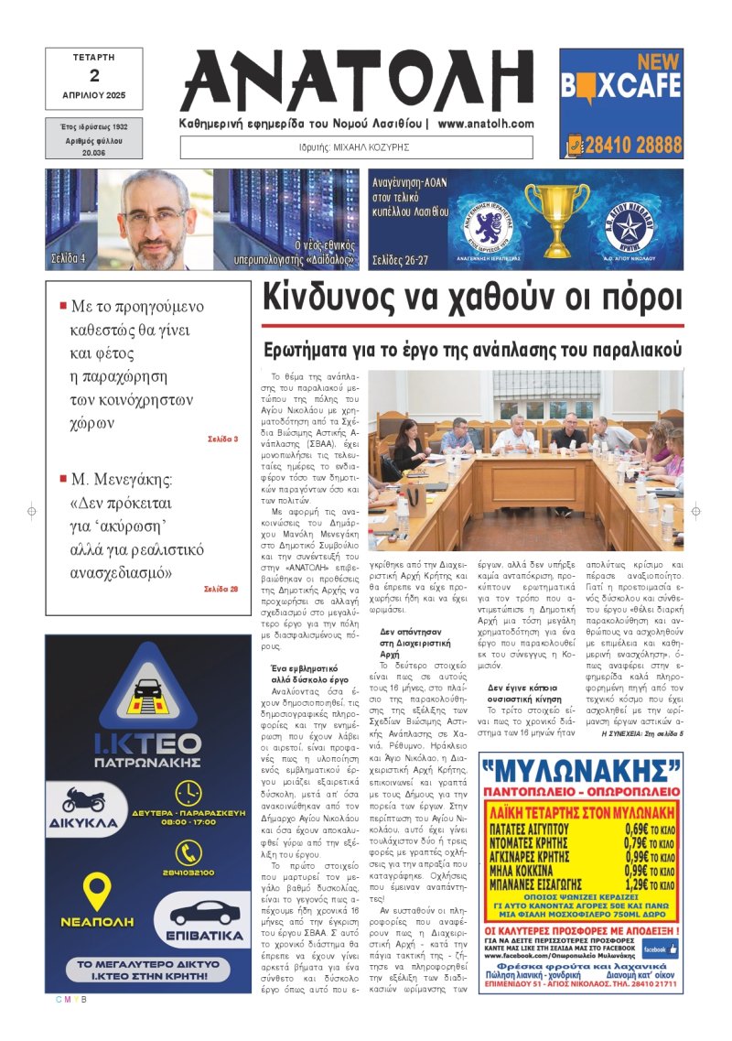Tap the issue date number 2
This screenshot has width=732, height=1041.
coord(93,76)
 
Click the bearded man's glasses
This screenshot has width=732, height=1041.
coord(154,217)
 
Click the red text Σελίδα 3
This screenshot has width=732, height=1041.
coord(222,439)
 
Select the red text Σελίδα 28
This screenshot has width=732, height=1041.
coord(221,589)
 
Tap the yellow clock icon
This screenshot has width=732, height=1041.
coord(188,793)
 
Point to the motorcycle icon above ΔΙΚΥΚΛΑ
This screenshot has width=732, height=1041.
coord(84,799)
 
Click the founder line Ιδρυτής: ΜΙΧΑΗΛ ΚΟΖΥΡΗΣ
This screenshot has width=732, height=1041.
coord(356,146)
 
